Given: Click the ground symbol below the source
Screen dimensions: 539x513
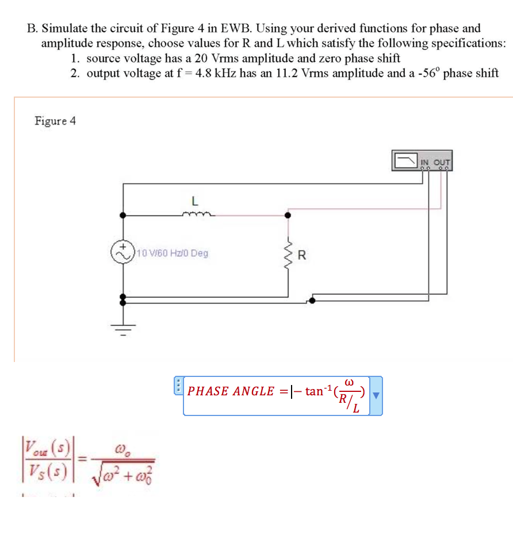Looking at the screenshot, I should [x=122, y=330].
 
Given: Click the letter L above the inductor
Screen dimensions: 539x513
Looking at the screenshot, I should [x=194, y=202].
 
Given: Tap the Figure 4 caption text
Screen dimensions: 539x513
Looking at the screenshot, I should [x=55, y=121].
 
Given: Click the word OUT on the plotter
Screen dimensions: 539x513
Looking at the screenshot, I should [x=443, y=161].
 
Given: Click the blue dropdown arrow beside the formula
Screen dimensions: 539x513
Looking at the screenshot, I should [x=376, y=395].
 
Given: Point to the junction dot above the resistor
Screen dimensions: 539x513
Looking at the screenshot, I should [x=288, y=215].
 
